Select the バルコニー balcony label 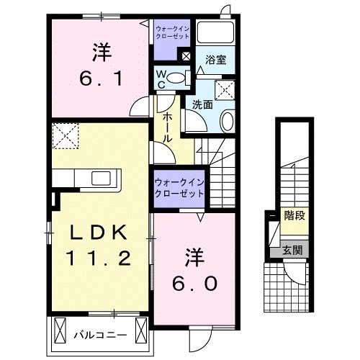coord(100,335)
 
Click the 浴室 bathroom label coord(216,60)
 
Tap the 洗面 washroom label coord(202,104)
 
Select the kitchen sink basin coord(99,178)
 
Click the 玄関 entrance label coord(292,251)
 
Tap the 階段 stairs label coord(294,215)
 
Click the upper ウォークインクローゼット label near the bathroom coord(173,32)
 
